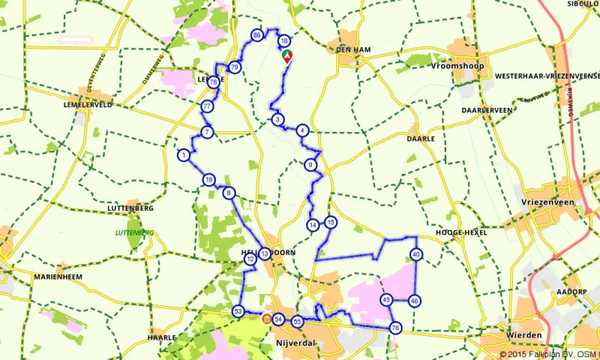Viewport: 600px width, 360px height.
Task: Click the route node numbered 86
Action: [257, 35]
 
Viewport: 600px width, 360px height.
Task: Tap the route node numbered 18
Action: [283, 41]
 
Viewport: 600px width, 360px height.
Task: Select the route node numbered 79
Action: [235, 67]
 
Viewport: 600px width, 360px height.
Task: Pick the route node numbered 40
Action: [416, 255]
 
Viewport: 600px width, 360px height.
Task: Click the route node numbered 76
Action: [395, 328]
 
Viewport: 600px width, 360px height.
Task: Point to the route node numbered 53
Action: [238, 311]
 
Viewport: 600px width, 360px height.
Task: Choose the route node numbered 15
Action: [330, 222]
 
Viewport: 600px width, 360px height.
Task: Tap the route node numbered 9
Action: [310, 165]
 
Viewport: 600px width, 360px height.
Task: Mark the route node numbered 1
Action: [183, 155]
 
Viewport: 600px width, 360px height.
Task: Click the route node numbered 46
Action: [415, 301]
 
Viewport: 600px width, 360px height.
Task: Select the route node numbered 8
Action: [229, 193]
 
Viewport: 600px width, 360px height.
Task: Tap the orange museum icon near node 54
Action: [265, 319]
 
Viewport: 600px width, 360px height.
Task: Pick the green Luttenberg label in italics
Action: [134, 232]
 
